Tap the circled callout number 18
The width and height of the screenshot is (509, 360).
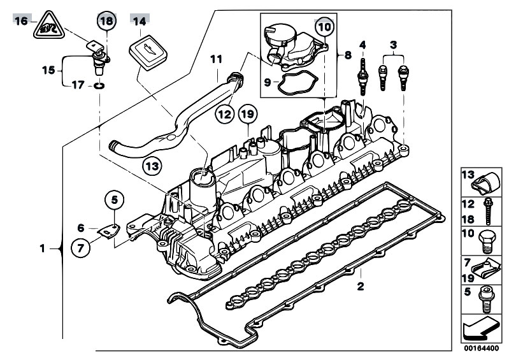pos(106,22)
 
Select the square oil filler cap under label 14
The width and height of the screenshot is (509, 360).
pos(148,52)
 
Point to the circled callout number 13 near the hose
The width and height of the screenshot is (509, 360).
pos(152,166)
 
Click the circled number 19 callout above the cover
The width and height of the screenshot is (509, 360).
pos(248,114)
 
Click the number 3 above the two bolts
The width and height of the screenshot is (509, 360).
pos(393,45)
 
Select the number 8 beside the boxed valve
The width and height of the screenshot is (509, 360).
pos(348,55)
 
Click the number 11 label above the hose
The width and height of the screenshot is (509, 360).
pos(216,59)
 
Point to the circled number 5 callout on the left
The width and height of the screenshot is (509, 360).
pos(115,200)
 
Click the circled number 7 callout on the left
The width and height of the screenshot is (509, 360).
pos(80,248)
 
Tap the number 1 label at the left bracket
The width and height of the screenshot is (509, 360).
pos(42,249)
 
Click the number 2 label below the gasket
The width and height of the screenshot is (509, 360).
pos(361,287)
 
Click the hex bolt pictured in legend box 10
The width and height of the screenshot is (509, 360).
pos(486,241)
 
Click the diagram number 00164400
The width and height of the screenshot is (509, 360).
pos(481,349)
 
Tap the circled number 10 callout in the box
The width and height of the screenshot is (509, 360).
pos(325,27)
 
